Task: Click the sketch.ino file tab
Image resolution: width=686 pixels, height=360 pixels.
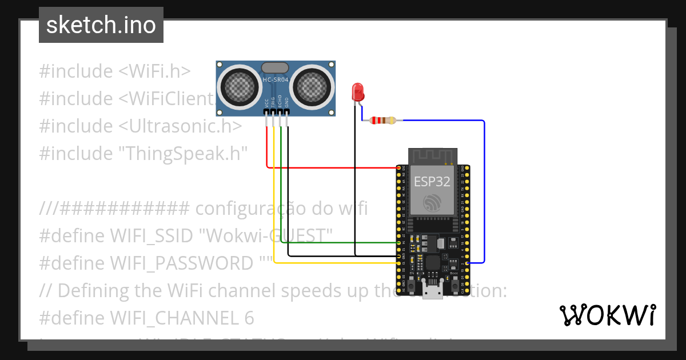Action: [x=101, y=25]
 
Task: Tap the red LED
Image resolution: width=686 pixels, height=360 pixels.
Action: [x=358, y=92]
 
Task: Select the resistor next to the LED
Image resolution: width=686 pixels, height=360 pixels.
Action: [x=382, y=121]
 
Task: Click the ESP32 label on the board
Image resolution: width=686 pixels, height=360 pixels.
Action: [x=432, y=182]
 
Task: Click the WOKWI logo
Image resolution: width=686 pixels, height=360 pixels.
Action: [x=607, y=315]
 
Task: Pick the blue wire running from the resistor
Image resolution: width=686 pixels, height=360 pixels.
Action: [x=484, y=189]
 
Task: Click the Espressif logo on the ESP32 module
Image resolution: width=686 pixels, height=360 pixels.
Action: [x=432, y=203]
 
